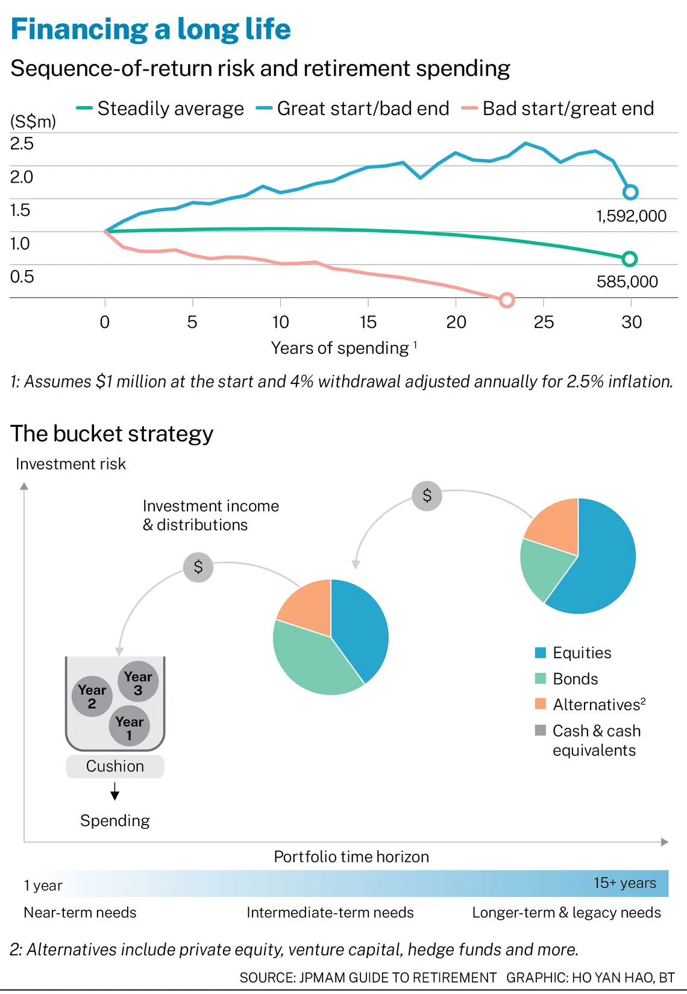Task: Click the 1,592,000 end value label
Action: [x=631, y=216]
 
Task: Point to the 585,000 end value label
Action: [x=627, y=282]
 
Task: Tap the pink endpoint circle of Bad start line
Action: [x=506, y=300]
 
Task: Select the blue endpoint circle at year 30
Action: [x=630, y=192]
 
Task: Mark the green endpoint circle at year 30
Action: [x=629, y=259]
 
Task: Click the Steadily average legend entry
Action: [x=160, y=109]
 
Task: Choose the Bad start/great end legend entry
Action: [x=557, y=109]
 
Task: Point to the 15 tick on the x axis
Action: [x=368, y=322]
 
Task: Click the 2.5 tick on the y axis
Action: [x=22, y=144]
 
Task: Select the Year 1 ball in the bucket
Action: [x=130, y=726]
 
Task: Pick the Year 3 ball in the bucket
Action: [x=138, y=681]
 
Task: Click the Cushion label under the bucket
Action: [x=115, y=766]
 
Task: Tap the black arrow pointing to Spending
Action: [x=115, y=791]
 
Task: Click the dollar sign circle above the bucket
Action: [x=198, y=567]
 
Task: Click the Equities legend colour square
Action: [x=540, y=652]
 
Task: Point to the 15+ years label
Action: [x=625, y=882]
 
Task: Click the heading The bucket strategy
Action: [x=111, y=433]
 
